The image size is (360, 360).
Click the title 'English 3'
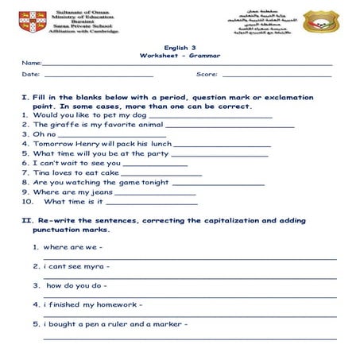[x=179, y=48]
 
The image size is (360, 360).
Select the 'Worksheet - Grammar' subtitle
[x=180, y=56]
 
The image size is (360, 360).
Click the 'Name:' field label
[x=32, y=63]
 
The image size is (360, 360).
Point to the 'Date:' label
[x=31, y=74]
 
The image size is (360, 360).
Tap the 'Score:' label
[x=207, y=74]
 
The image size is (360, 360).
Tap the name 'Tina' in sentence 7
[x=42, y=172]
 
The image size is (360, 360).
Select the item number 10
[x=27, y=201]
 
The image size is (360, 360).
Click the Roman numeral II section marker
[x=25, y=220]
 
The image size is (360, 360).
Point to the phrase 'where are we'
[x=66, y=246]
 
